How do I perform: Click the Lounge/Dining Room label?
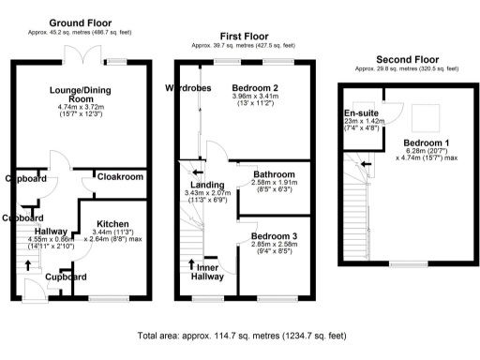[82, 94]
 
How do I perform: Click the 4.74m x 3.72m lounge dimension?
[82, 109]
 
